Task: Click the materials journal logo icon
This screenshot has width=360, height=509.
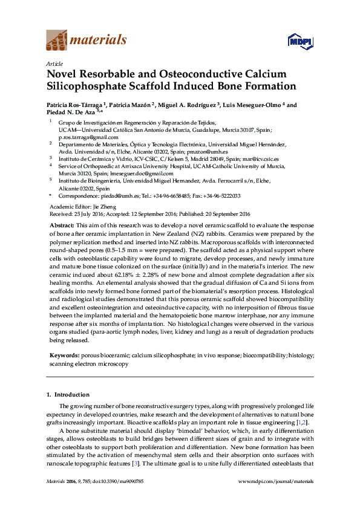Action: (x=57, y=41)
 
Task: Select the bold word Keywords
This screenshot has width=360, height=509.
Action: (x=64, y=357)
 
